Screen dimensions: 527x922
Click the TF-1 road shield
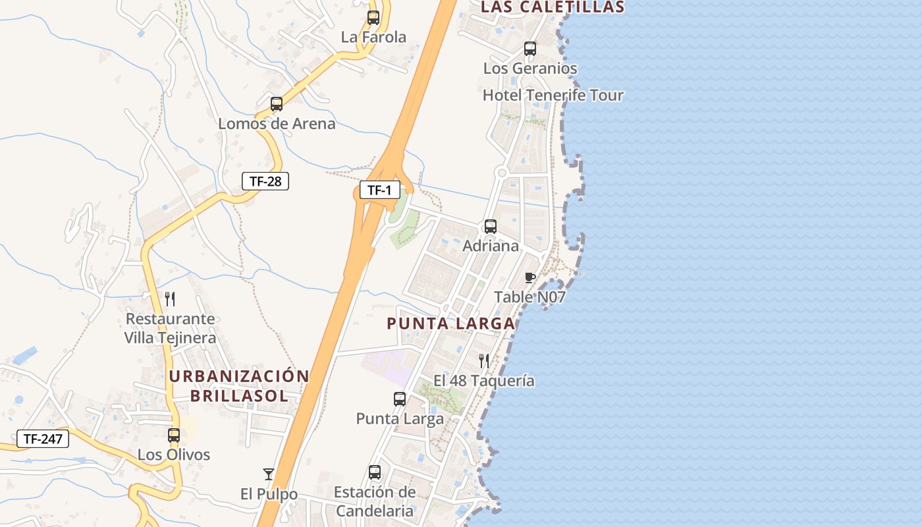379,190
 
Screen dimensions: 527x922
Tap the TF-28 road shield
265,180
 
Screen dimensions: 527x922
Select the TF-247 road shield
43,439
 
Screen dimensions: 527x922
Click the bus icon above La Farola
373,18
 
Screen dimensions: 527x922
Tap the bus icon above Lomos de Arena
277,104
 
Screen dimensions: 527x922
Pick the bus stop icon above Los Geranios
530,49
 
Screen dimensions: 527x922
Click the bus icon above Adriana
491,227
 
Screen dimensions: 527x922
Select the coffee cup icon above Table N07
530,277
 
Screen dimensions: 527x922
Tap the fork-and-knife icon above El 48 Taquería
484,361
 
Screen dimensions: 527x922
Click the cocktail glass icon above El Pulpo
269,474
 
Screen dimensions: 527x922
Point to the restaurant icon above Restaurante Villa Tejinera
170,299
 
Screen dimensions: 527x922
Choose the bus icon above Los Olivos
174,435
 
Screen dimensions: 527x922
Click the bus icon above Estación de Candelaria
375,472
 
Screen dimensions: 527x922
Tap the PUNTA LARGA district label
451,323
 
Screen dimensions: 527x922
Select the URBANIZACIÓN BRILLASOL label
239,386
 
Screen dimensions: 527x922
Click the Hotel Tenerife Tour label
553,95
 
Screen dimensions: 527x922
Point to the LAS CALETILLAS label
553,7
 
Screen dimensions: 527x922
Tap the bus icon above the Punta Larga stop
400,399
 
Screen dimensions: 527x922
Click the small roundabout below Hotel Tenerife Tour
502,173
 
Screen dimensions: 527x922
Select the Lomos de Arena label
277,123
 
